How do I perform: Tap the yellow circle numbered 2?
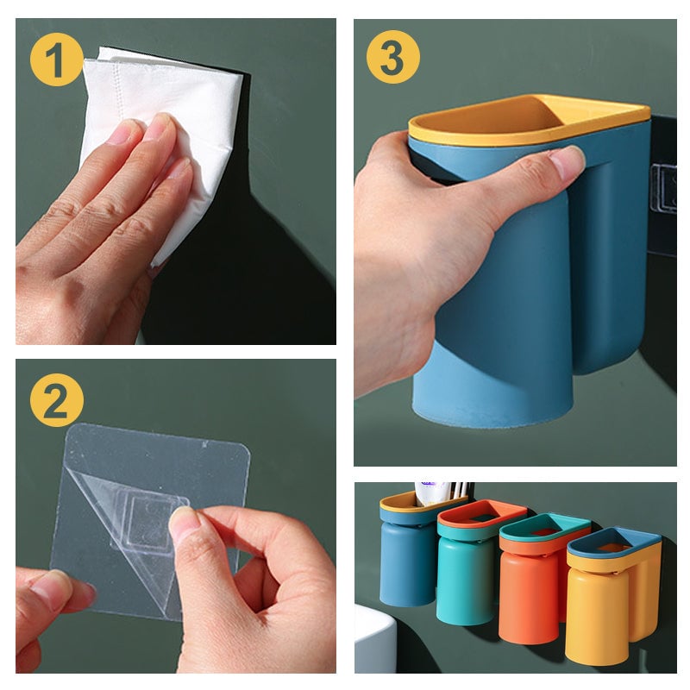coord(56,400)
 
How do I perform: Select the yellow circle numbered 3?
coord(392,57)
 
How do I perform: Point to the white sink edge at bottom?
coord(373,638)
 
